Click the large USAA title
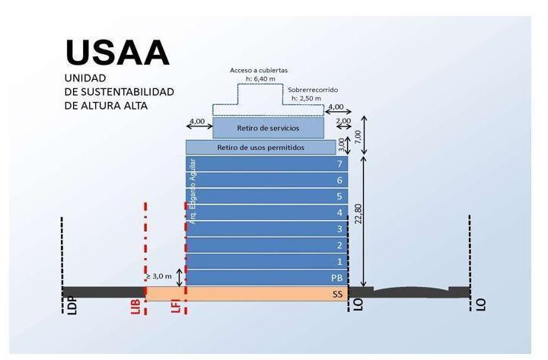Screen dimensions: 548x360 [x=117, y=53]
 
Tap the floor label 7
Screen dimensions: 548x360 [x=339, y=164]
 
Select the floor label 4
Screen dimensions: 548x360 [x=339, y=212]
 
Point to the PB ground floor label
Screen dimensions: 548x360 [x=336, y=278]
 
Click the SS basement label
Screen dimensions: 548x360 [x=337, y=295]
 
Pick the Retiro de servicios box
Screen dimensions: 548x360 [x=268, y=128]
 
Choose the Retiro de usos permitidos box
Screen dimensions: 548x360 [x=261, y=148]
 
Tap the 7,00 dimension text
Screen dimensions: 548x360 [x=358, y=137]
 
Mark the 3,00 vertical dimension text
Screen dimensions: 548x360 [x=341, y=145]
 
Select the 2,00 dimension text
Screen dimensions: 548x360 [x=343, y=120]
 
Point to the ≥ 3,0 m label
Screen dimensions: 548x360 [x=158, y=276]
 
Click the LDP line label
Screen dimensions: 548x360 [x=72, y=306]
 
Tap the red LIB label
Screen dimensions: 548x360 [x=135, y=307]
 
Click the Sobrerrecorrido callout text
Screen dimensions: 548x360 [x=313, y=90]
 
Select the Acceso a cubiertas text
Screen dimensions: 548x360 [x=259, y=70]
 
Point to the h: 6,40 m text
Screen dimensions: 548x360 [x=260, y=79]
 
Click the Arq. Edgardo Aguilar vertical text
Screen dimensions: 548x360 [x=193, y=192]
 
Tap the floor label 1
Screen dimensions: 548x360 [x=339, y=261]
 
